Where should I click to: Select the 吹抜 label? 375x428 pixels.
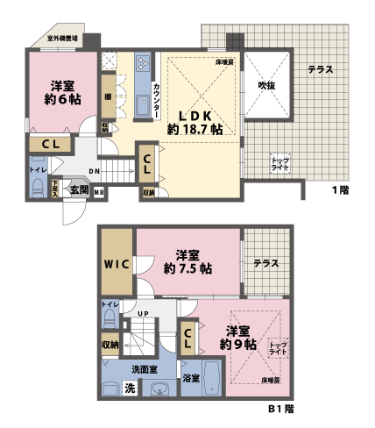coord(266,85)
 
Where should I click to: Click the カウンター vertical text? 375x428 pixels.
coord(156,98)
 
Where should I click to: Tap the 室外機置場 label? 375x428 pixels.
coord(63,39)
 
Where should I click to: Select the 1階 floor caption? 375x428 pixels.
coord(341,190)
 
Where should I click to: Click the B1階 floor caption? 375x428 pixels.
coord(280,409)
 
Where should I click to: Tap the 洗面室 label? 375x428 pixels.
coord(145,369)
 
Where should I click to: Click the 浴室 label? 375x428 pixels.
coord(191,378)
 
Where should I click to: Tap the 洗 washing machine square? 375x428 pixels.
coord(130,389)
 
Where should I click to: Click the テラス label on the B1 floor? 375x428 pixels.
coord(265,262)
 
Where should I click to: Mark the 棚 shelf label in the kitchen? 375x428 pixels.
coord(107,97)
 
